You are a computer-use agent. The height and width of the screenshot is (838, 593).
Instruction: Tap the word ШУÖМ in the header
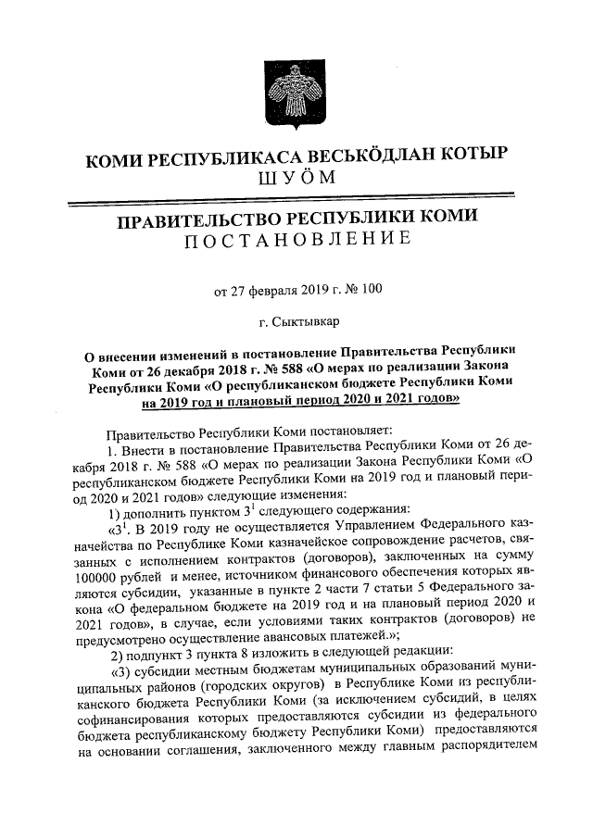(296, 179)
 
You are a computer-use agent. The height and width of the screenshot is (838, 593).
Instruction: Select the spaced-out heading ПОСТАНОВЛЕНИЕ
(296, 243)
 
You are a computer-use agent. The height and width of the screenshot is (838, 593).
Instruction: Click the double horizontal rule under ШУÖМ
(296, 195)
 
